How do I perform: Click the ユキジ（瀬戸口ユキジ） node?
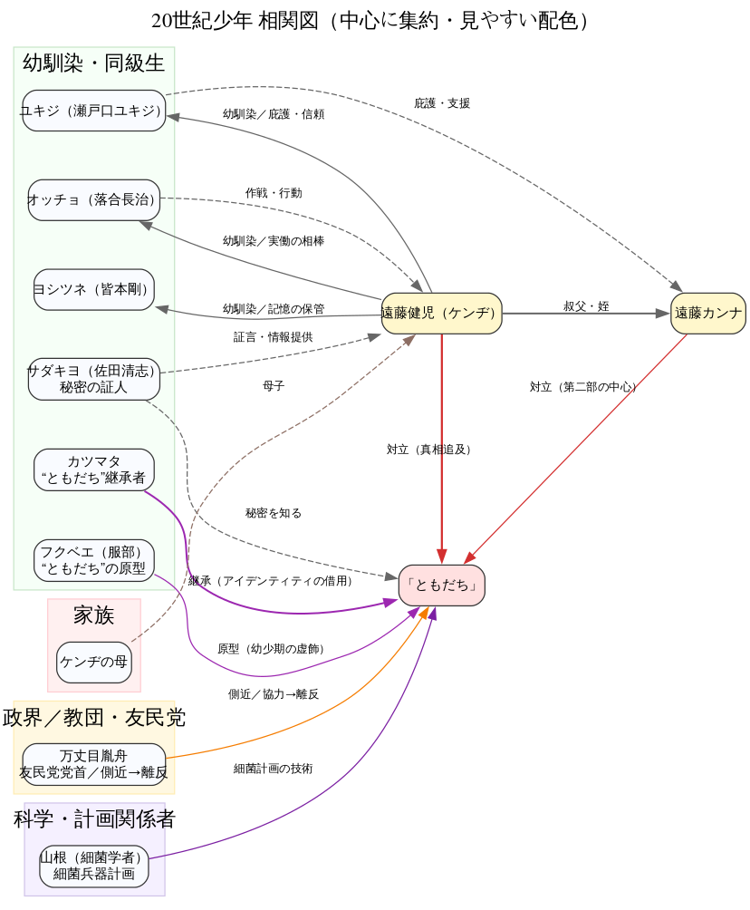pyautogui.click(x=94, y=111)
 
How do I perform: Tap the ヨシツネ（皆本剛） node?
pyautogui.click(x=94, y=289)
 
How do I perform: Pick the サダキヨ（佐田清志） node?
pyautogui.click(x=94, y=378)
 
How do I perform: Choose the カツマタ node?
pyautogui.click(x=94, y=470)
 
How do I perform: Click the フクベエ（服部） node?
pyautogui.click(x=94, y=559)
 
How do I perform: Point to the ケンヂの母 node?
pyautogui.click(x=94, y=662)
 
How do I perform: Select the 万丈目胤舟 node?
pyautogui.click(x=94, y=764)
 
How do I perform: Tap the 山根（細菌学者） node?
pyautogui.click(x=94, y=866)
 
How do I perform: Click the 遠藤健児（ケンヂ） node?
pyautogui.click(x=441, y=314)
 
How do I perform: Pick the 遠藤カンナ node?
pyautogui.click(x=708, y=314)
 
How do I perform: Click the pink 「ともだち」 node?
pyautogui.click(x=441, y=585)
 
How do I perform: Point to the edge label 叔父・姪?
pyautogui.click(x=586, y=306)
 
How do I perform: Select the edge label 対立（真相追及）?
pyautogui.click(x=429, y=449)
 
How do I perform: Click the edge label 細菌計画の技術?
pyautogui.click(x=273, y=769)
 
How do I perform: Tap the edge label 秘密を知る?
pyautogui.click(x=273, y=513)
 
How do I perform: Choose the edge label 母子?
pyautogui.click(x=273, y=386)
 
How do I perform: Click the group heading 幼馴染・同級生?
pyautogui.click(x=94, y=63)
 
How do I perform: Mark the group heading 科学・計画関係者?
pyautogui.click(x=94, y=819)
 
